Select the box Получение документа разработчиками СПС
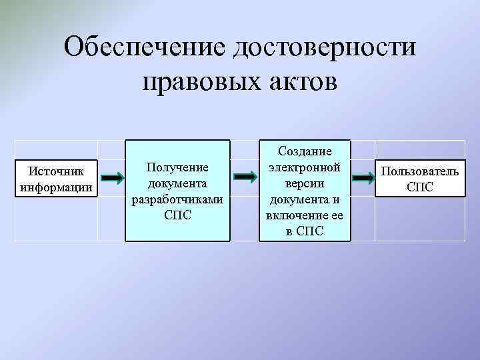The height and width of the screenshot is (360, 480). click(x=178, y=190)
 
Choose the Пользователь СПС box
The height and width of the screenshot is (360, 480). click(x=420, y=178)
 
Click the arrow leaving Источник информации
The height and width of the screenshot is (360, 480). click(x=112, y=178)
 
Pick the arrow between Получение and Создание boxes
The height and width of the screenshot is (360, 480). click(x=245, y=178)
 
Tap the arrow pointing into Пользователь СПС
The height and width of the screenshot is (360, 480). click(x=363, y=178)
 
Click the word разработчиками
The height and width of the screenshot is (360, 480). click(x=178, y=199)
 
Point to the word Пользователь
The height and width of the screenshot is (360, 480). click(x=420, y=171)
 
